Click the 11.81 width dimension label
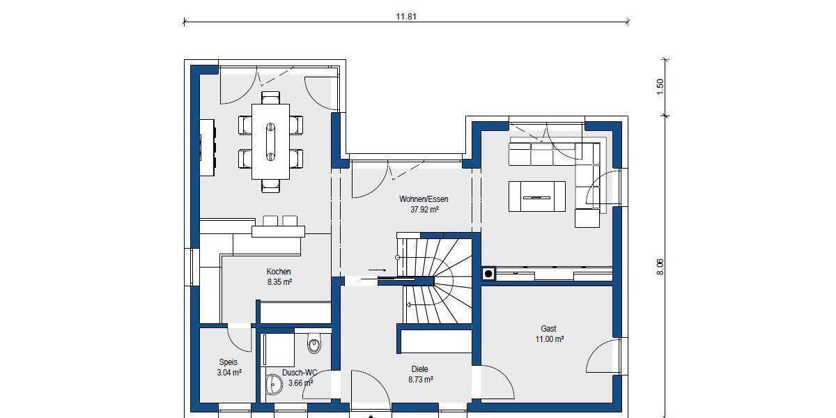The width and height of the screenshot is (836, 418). [x=405, y=17]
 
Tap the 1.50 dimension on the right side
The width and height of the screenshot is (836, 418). [x=660, y=86]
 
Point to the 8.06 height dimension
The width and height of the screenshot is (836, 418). [x=660, y=267]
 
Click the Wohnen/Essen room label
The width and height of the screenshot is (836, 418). [x=419, y=199]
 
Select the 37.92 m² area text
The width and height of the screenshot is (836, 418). [x=419, y=209]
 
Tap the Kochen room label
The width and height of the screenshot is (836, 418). [x=279, y=272]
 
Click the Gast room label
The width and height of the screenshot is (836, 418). [x=548, y=329]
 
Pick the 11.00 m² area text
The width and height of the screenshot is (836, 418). [x=548, y=339]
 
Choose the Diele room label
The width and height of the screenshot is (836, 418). [x=419, y=369]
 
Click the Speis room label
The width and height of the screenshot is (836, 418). [x=229, y=362]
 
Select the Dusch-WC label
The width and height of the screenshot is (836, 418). [x=300, y=373]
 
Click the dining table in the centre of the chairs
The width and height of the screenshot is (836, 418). [x=270, y=141]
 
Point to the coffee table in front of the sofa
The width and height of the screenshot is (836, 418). [x=537, y=196]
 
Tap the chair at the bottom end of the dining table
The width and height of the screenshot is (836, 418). [x=272, y=186]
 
